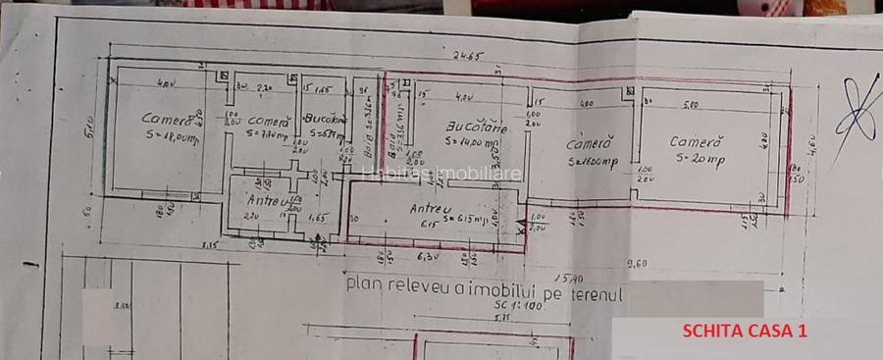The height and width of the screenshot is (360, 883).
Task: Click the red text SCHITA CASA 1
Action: pyautogui.click(x=745, y=332)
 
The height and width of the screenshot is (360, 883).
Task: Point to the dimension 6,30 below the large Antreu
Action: pyautogui.click(x=426, y=257)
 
